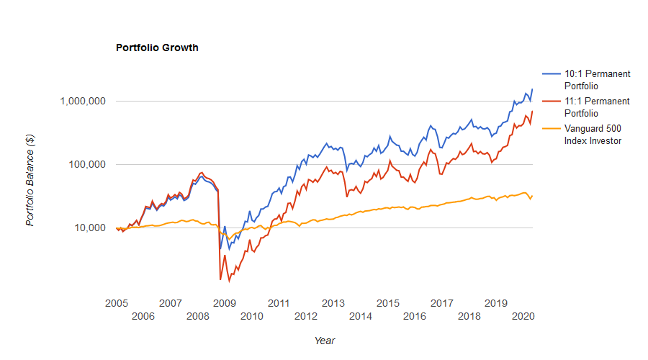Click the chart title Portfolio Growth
pyautogui.click(x=157, y=48)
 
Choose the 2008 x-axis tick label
pyautogui.click(x=197, y=316)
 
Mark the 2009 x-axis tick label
pyautogui.click(x=224, y=303)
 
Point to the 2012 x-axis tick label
pyautogui.click(x=306, y=316)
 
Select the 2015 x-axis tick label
pyautogui.click(x=387, y=303)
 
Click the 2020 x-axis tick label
pyautogui.click(x=523, y=316)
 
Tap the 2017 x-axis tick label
pyautogui.click(x=441, y=303)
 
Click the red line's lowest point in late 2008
pyautogui.click(x=220, y=279)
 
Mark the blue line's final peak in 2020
pyautogui.click(x=532, y=89)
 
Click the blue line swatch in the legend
pyautogui.click(x=551, y=74)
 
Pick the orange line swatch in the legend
pyautogui.click(x=551, y=129)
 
